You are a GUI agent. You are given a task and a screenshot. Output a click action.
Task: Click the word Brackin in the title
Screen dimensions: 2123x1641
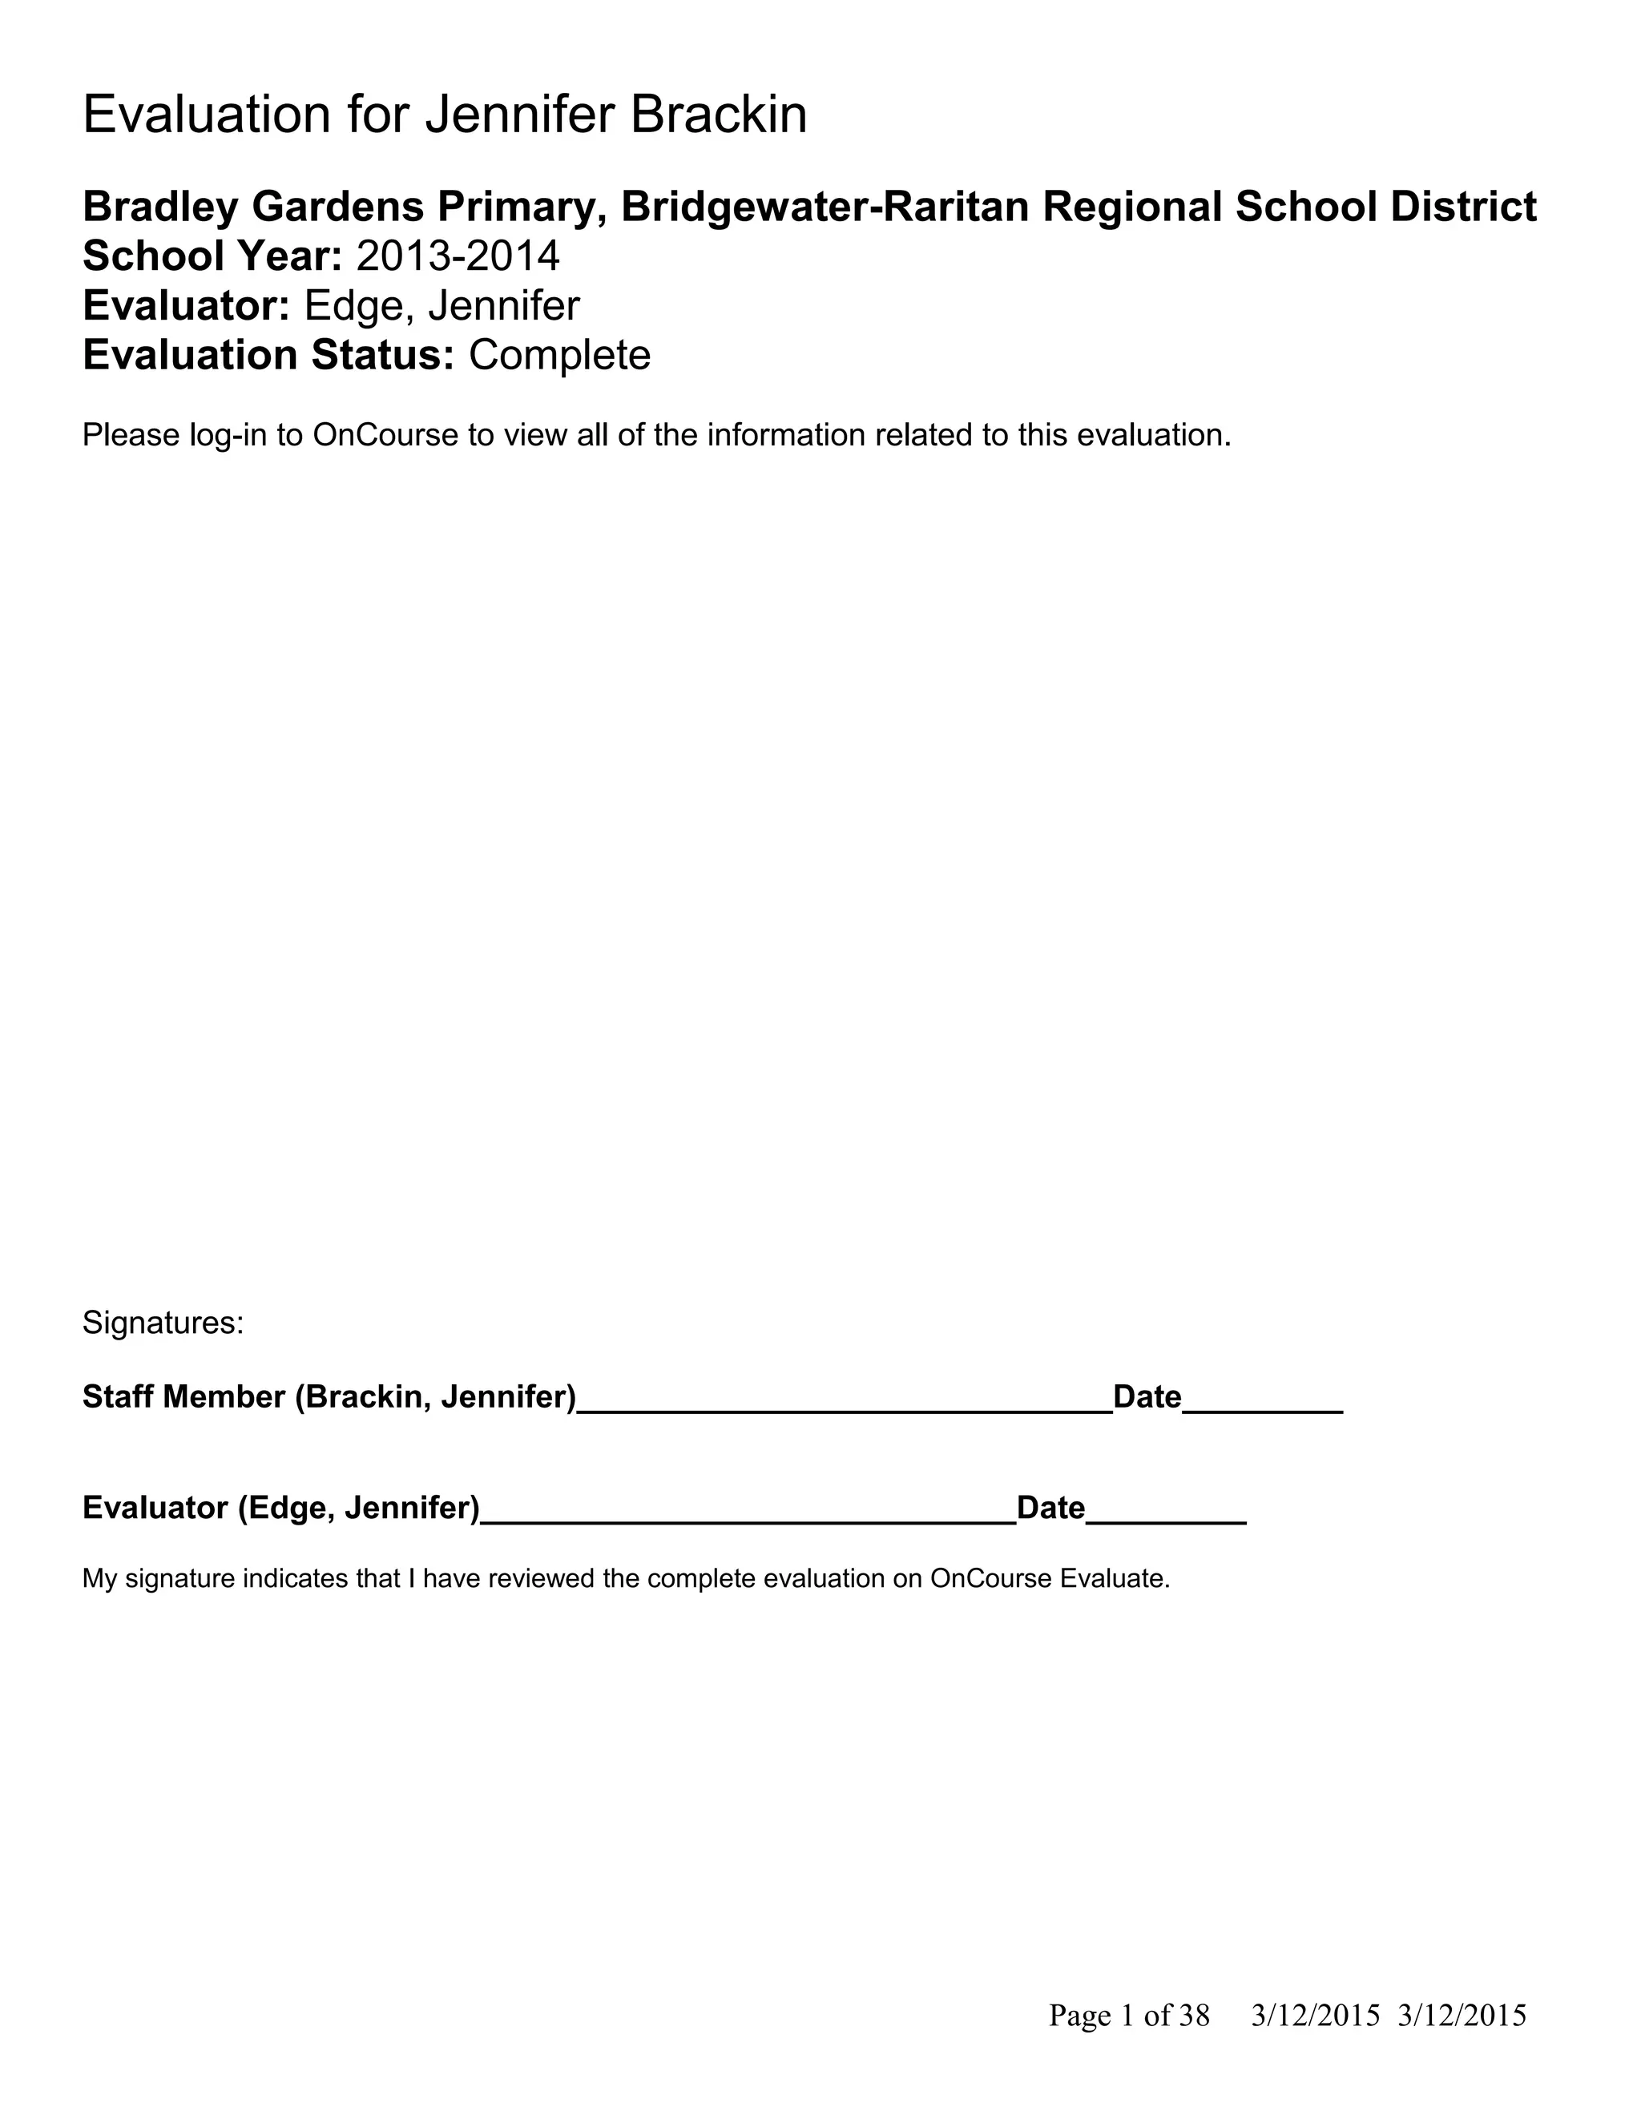point(719,115)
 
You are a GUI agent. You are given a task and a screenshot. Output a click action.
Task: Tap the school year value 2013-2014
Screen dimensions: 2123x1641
point(458,256)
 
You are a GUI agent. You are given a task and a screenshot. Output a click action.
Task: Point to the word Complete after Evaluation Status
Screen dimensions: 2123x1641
point(559,355)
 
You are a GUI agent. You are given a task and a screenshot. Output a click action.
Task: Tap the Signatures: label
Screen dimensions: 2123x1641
point(163,1322)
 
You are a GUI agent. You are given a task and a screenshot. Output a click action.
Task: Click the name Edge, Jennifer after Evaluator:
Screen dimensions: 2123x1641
point(442,305)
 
